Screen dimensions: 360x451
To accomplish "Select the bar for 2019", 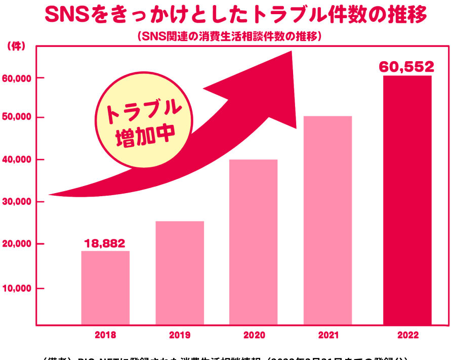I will tap(179, 273).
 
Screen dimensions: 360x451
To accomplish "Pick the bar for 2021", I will tap(327, 220).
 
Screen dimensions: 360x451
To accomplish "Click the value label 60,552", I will tap(406, 67).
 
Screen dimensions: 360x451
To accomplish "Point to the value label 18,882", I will tap(105, 243).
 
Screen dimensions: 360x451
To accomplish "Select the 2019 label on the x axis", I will tap(179, 335).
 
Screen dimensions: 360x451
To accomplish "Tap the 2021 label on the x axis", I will tap(327, 335).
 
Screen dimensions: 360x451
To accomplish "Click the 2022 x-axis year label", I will tap(407, 335).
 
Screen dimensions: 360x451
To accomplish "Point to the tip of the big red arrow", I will tap(293, 52).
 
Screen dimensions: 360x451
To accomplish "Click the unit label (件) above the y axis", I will tap(13, 47).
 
